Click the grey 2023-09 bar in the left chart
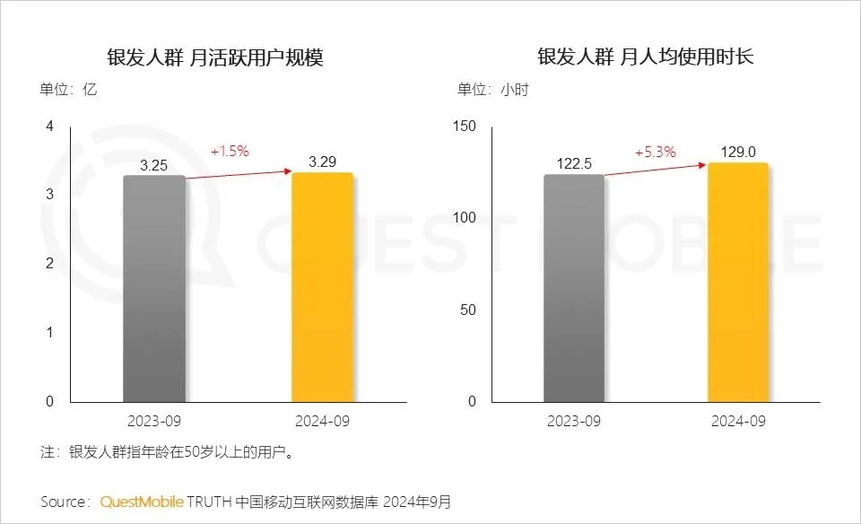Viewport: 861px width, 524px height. click(154, 288)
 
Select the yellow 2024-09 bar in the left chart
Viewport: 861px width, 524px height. click(322, 287)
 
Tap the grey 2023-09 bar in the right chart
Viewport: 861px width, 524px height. click(574, 288)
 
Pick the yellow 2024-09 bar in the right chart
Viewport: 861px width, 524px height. click(738, 282)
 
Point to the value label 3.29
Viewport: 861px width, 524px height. click(323, 162)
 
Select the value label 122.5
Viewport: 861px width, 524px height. click(574, 164)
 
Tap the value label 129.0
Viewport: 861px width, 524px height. click(738, 152)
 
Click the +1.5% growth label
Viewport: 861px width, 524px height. click(230, 151)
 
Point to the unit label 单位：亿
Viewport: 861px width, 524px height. click(67, 90)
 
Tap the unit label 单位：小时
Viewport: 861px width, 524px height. click(492, 90)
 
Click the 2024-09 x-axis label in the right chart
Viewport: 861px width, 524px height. click(738, 421)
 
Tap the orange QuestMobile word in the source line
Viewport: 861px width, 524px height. click(142, 501)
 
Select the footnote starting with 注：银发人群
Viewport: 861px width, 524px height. click(168, 452)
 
